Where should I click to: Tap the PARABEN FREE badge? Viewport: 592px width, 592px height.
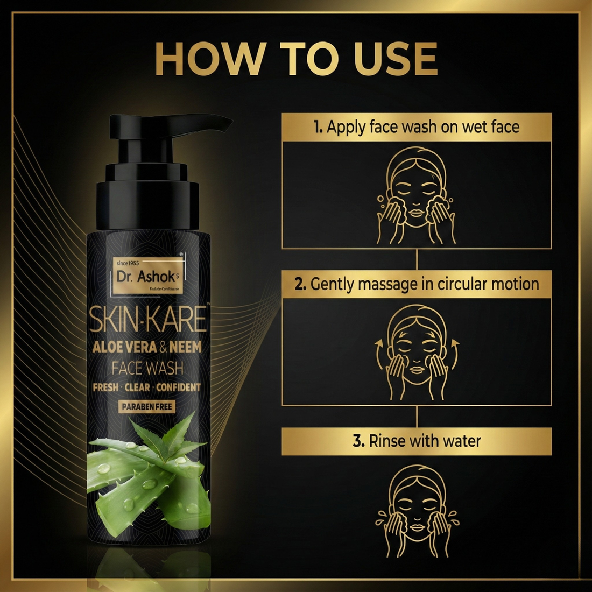(x=147, y=407)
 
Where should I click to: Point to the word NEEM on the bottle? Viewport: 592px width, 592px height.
(x=185, y=347)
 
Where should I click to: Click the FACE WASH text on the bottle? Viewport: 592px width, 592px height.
(x=147, y=368)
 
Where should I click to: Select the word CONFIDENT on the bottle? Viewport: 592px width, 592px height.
(x=178, y=387)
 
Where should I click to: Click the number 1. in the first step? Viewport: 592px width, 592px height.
(x=318, y=127)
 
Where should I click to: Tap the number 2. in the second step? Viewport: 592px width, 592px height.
(x=300, y=284)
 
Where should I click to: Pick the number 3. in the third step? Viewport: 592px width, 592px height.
(x=358, y=441)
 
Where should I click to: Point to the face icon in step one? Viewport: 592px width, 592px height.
(x=417, y=195)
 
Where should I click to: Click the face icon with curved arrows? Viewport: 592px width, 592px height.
(x=417, y=353)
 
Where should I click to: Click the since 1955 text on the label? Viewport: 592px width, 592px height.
(x=128, y=263)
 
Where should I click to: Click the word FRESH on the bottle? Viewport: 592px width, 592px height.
(x=105, y=387)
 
